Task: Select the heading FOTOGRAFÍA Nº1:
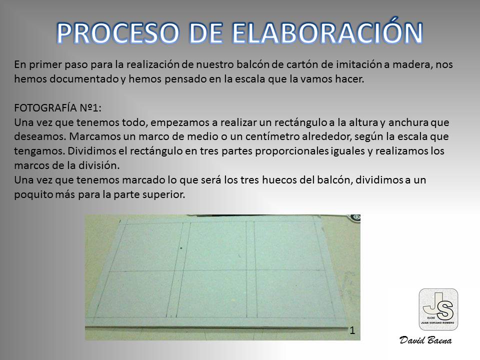57,108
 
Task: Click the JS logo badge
438,309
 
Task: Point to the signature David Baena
426,340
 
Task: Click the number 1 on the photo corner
352,330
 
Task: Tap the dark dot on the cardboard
181,248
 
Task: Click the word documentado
84,79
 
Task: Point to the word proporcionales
291,151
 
